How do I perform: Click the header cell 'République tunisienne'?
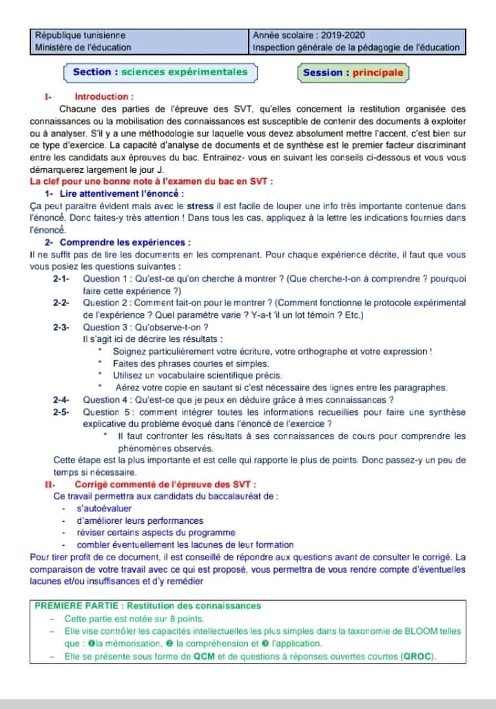coord(81,35)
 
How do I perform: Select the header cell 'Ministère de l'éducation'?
coord(83,47)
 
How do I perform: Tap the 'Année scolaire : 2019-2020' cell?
coord(309,35)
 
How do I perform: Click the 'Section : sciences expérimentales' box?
coord(160,72)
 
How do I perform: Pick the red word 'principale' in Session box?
coord(378,72)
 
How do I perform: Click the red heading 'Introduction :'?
coord(104,97)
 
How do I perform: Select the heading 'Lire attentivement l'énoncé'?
coord(121,194)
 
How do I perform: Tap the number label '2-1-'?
coord(61,279)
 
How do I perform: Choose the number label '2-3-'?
coord(61,327)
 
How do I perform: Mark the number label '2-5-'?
coord(61,412)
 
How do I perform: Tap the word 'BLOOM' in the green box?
coord(426,631)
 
